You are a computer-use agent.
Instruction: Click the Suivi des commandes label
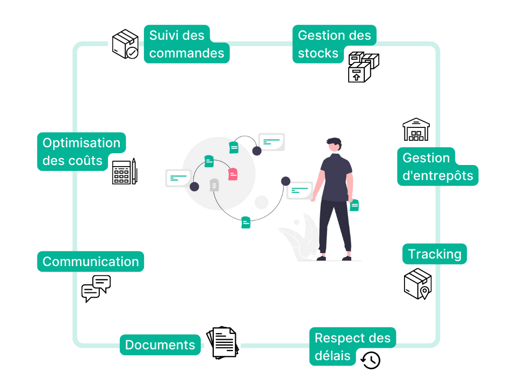point(186,44)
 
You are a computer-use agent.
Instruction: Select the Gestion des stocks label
point(334,44)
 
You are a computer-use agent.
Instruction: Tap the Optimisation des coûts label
point(81,151)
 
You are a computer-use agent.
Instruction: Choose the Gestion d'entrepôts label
point(437,167)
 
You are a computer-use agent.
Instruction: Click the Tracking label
point(434,254)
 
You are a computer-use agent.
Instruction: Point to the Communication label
point(90,262)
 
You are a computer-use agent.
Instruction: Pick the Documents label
point(160,345)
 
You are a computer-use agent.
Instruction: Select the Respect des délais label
point(352,346)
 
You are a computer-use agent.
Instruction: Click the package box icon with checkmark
point(124,44)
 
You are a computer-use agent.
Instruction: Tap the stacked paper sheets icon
point(221,345)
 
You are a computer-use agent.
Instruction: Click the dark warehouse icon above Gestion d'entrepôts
point(417,130)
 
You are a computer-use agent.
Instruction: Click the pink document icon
point(233,174)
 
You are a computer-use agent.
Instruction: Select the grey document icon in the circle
point(214,185)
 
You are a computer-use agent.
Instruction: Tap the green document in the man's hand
point(354,205)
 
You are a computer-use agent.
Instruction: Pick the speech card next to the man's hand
point(299,190)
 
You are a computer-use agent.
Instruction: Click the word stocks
point(318,53)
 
